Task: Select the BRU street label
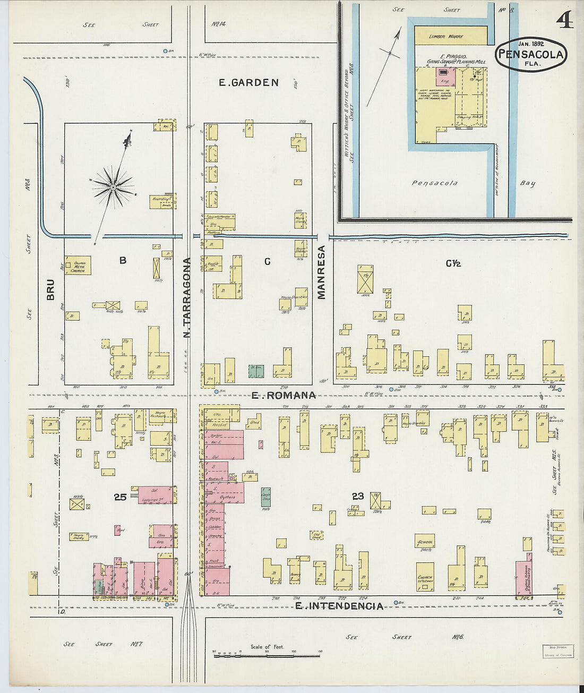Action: pyautogui.click(x=50, y=289)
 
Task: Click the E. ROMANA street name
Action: pyautogui.click(x=284, y=395)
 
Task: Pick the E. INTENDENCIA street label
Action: pyautogui.click(x=339, y=606)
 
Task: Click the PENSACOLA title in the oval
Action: pyautogui.click(x=531, y=54)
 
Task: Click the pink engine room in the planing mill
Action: pyautogui.click(x=445, y=76)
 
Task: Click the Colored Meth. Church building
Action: pyautogui.click(x=78, y=265)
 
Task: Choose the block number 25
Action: pyautogui.click(x=120, y=497)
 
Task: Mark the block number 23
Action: pyautogui.click(x=357, y=496)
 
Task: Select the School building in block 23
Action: pyautogui.click(x=425, y=541)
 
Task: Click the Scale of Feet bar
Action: pyautogui.click(x=267, y=656)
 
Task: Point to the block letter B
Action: pyautogui.click(x=123, y=260)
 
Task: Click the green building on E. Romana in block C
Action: pyautogui.click(x=256, y=371)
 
